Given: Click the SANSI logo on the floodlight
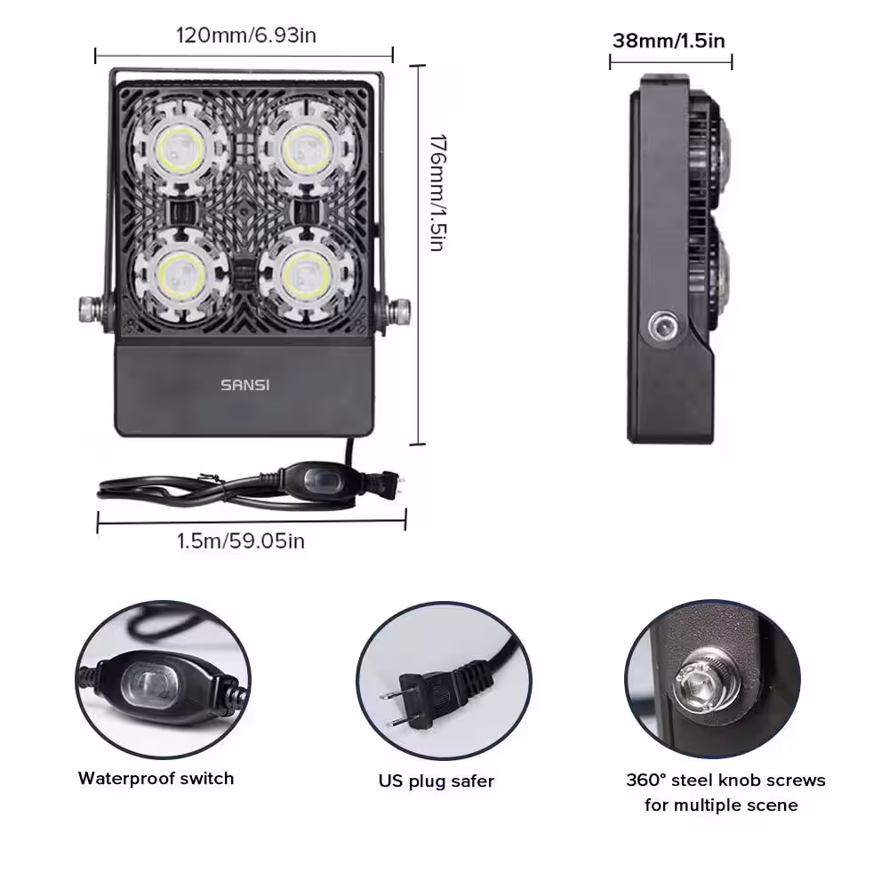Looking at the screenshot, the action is point(245,385).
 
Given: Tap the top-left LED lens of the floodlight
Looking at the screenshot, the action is point(180,150).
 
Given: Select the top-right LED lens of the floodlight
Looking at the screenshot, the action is point(306,150).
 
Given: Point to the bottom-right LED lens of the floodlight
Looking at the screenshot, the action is point(307,276).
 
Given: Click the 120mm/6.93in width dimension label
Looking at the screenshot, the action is point(246,36).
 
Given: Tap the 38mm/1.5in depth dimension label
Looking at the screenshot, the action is point(669,41).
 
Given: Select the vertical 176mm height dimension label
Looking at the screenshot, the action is point(437,193).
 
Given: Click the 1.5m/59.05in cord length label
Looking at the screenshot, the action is point(241,541).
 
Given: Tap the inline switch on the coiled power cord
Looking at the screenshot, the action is point(318,478).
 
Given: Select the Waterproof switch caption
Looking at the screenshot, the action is point(156,779).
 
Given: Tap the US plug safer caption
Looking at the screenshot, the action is point(436,781).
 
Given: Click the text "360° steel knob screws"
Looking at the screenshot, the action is point(725,781).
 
